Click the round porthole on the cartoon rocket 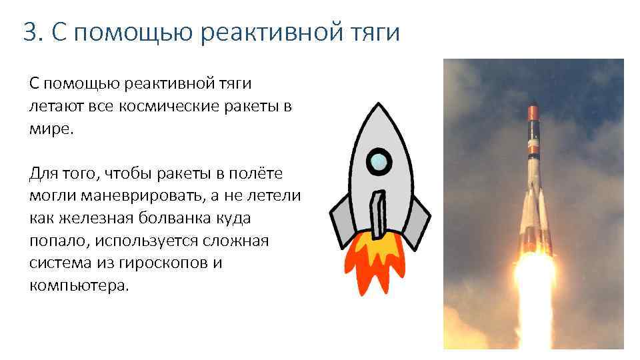click(x=379, y=160)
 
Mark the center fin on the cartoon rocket click(x=379, y=213)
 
